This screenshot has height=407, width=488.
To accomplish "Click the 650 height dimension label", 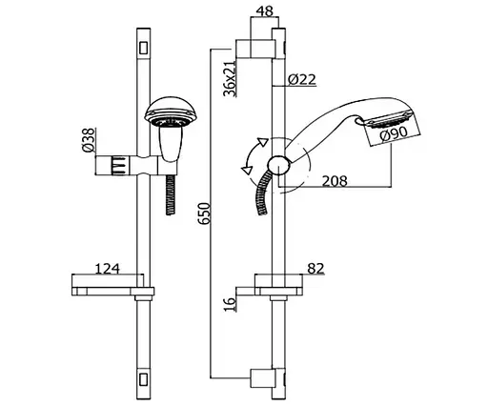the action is [204, 214].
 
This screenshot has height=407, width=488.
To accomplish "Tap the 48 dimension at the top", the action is [264, 11].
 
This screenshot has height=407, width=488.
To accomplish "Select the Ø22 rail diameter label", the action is [302, 79].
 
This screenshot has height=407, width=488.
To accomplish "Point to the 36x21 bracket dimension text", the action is [230, 78].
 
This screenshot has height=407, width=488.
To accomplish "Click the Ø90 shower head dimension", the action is [394, 133].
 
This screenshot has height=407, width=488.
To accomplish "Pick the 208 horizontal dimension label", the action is [335, 181].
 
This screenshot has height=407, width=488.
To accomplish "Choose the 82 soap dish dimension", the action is [315, 268].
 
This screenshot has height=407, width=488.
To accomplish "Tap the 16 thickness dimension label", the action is [231, 303].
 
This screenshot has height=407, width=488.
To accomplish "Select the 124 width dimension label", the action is [108, 269].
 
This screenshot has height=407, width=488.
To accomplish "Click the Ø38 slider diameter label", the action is [89, 139].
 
